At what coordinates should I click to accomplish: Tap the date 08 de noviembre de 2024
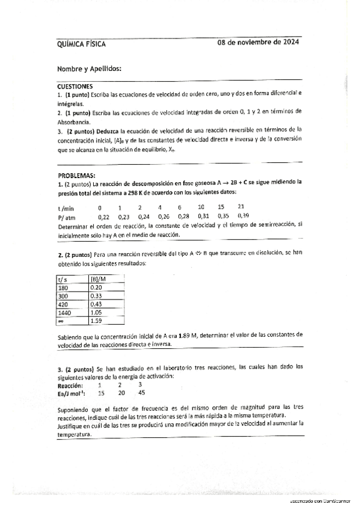point(258,43)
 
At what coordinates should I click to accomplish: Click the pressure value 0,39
point(243,215)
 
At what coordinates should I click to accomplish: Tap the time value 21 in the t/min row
point(241,206)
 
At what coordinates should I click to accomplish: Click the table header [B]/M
point(97,279)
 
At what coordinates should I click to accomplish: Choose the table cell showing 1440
point(64,313)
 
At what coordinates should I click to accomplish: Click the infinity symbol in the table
point(60,321)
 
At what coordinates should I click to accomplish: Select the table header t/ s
point(63,279)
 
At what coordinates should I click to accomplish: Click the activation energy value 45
point(141,393)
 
